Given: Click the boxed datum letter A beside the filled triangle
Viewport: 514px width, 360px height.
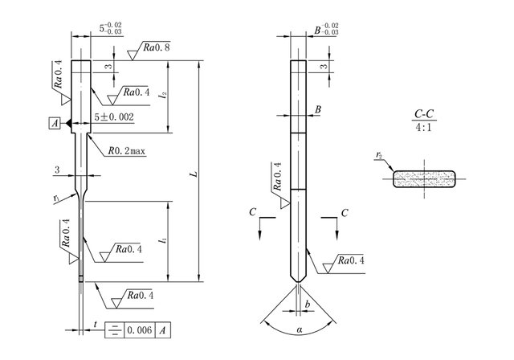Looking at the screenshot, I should (54, 123).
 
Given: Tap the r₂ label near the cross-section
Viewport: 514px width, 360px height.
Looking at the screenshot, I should (379, 155).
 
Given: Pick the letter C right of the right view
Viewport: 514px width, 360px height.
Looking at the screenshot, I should (345, 212).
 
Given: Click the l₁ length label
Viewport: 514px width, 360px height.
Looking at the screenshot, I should (164, 239).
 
